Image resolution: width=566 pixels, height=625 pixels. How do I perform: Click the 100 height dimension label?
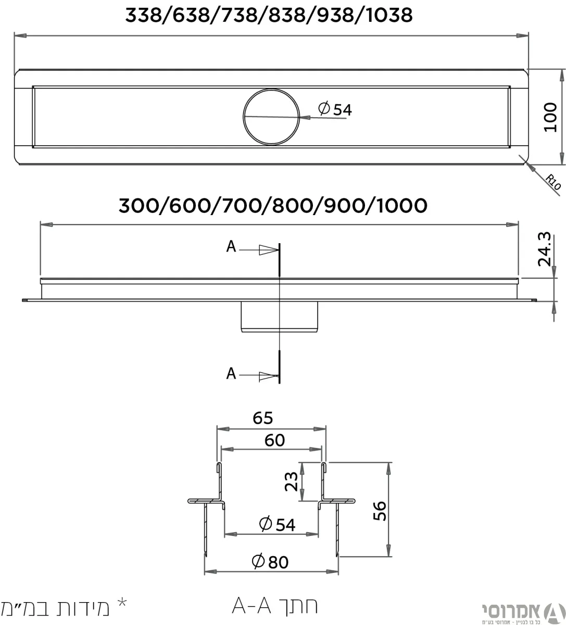coord(550,117)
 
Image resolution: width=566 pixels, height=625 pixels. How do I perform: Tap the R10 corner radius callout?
coord(554,182)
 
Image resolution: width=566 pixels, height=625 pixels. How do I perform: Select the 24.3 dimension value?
coord(545,249)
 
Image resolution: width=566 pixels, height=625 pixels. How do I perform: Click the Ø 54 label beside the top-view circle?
coord(335,110)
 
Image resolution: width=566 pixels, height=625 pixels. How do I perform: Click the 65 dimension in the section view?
coord(262,418)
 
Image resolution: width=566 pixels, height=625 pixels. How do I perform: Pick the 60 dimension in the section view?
coord(274,440)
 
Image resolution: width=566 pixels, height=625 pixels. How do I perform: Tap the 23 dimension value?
coord(292,482)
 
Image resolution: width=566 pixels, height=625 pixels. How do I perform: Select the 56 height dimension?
coord(380,511)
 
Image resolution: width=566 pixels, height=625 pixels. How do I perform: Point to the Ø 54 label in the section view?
coord(277,524)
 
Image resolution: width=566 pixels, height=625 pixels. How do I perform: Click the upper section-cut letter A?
coord(231,247)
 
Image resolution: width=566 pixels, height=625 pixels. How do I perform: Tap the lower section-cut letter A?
coord(231,373)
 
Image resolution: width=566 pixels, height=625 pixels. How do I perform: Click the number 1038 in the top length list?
coord(389,15)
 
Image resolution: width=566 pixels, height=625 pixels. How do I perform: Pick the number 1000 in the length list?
coord(401,206)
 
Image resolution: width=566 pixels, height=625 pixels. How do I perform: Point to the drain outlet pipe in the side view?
coord(280,316)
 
